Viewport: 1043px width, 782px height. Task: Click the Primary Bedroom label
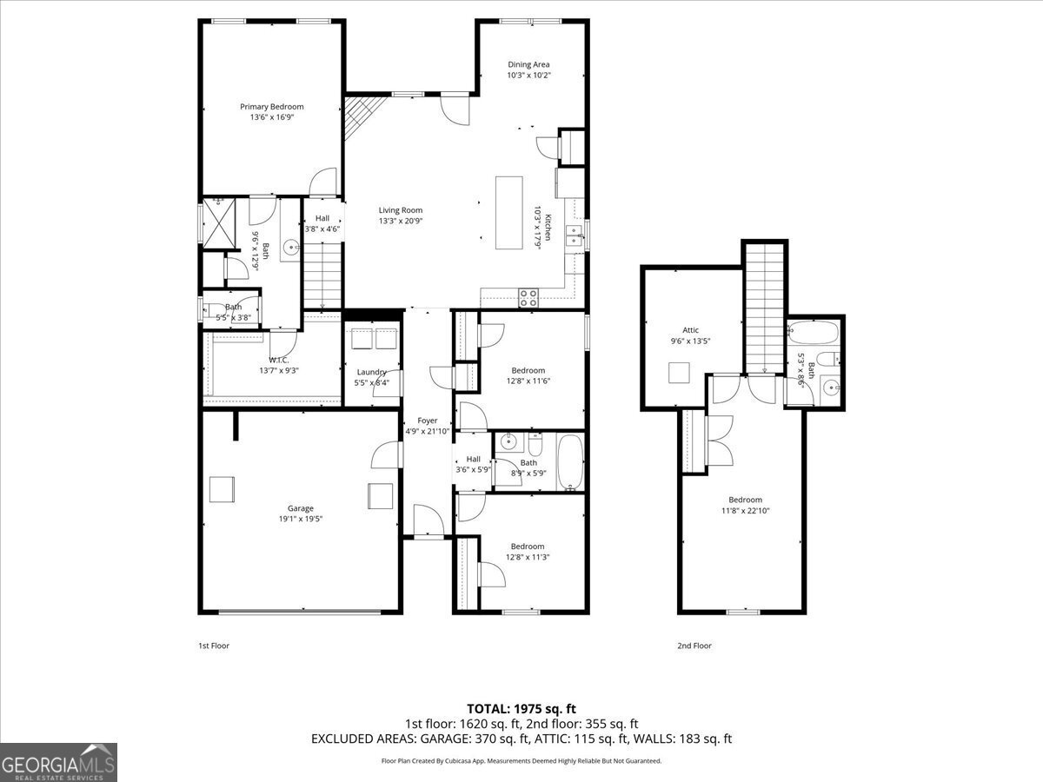point(272,107)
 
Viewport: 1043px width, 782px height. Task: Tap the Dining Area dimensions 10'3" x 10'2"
point(528,76)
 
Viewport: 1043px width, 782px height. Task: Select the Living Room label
point(400,210)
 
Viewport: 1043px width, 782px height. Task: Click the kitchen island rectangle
point(509,213)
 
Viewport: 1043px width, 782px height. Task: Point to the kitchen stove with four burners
point(528,297)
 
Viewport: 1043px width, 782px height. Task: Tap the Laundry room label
point(371,372)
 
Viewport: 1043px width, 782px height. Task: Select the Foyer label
point(427,421)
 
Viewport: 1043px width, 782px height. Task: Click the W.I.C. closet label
point(278,360)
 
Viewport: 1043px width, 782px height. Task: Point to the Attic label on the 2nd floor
point(690,330)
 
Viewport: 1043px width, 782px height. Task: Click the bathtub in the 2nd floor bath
point(813,333)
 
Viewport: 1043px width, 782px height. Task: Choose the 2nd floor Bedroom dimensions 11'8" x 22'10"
point(745,511)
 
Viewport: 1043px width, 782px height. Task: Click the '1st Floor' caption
point(214,646)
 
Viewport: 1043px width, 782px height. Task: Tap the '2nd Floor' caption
point(694,646)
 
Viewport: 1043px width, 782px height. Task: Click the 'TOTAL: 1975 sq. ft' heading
point(521,708)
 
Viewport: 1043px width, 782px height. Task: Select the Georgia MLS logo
point(58,762)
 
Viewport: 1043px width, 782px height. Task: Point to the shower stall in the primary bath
point(217,221)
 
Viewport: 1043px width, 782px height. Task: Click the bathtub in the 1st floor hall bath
point(570,461)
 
